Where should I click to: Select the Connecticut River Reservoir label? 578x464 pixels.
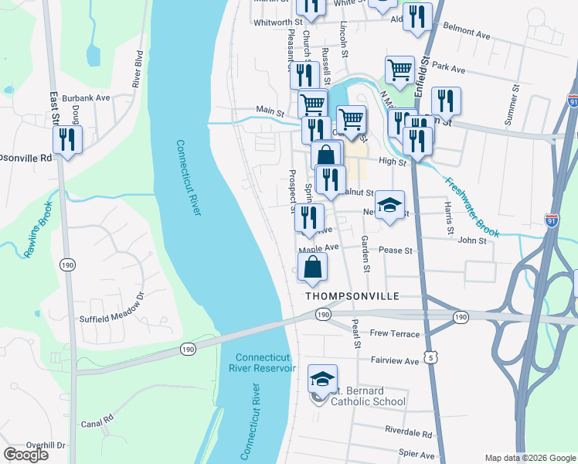pyautogui.click(x=265, y=363)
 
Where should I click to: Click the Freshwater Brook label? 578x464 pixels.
pyautogui.click(x=473, y=207)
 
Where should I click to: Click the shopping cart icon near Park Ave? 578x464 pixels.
pyautogui.click(x=399, y=70)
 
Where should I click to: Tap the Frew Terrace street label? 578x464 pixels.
pyautogui.click(x=395, y=334)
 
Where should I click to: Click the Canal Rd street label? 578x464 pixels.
pyautogui.click(x=97, y=424)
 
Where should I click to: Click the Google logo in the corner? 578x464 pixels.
pyautogui.click(x=25, y=455)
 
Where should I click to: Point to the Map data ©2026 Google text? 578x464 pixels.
pyautogui.click(x=529, y=458)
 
